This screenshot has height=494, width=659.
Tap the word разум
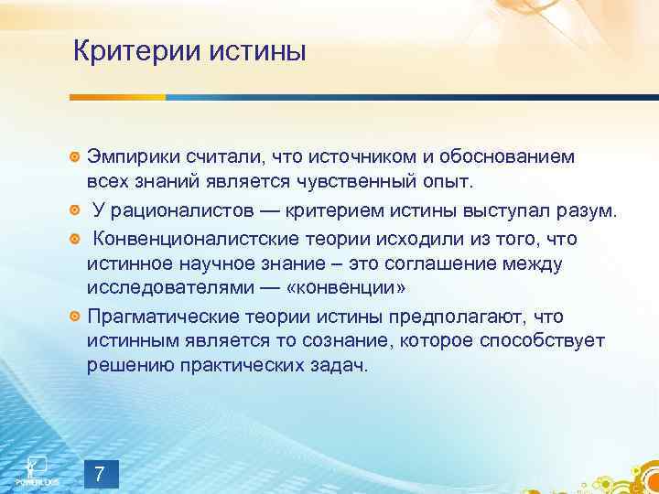point(591,212)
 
